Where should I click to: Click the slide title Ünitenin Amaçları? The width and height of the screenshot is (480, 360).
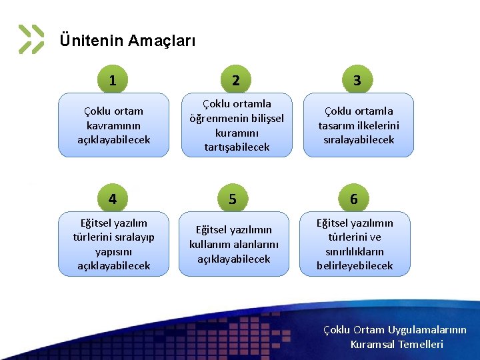click(127, 41)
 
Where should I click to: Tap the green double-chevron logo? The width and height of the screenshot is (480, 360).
click(31, 39)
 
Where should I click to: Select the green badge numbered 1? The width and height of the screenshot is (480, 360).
click(113, 81)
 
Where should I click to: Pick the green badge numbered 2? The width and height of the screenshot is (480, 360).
click(236, 81)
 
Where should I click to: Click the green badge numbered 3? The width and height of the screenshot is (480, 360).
click(357, 81)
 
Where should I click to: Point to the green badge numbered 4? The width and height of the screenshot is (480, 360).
click(113, 199)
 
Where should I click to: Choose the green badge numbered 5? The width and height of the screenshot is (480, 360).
click(233, 199)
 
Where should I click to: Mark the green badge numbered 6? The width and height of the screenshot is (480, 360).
click(354, 199)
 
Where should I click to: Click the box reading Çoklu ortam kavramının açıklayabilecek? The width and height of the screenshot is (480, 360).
click(114, 125)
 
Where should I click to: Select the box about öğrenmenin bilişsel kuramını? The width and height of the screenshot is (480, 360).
click(237, 125)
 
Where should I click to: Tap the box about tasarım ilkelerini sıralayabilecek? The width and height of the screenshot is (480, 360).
click(359, 125)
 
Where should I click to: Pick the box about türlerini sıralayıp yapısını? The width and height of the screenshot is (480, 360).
click(114, 244)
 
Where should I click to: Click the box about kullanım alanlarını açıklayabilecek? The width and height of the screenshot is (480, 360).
click(234, 244)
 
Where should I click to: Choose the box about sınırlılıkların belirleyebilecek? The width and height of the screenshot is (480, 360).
click(355, 244)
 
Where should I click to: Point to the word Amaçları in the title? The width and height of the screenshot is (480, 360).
click(162, 41)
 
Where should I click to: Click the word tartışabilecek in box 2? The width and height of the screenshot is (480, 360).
click(237, 147)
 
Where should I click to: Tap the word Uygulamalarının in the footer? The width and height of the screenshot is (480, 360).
click(426, 330)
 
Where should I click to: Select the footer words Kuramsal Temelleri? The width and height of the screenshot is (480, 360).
click(397, 345)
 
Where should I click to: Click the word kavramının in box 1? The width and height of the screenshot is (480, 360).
click(114, 125)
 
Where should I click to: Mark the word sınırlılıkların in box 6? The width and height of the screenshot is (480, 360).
click(355, 251)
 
